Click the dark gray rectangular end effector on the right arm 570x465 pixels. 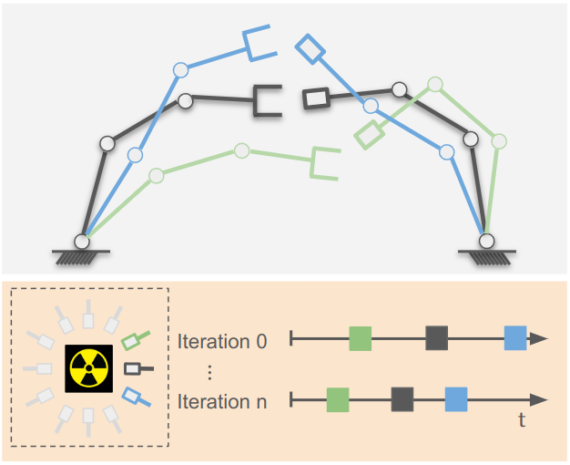point(316,98)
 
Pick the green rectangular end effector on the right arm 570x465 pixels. point(369,136)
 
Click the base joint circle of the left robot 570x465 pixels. point(82,242)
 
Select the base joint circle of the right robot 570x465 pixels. point(487,242)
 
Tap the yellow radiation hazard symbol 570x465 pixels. point(88,369)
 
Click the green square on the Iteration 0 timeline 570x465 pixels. point(361,339)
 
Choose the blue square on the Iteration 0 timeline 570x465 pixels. point(515,339)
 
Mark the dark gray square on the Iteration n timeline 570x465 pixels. point(402,399)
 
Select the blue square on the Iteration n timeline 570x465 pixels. point(456,399)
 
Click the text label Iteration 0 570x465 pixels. point(222,342)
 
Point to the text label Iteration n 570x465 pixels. point(222,401)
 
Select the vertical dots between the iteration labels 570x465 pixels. point(210,372)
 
